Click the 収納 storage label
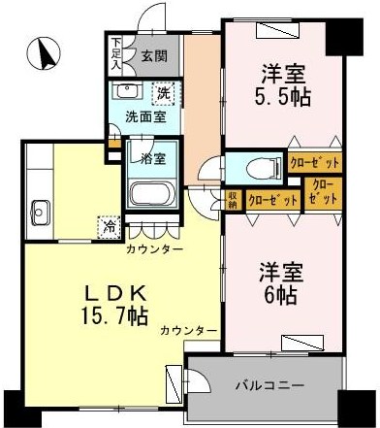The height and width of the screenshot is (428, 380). [234, 199]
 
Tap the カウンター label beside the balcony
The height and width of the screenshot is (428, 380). [189, 331]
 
